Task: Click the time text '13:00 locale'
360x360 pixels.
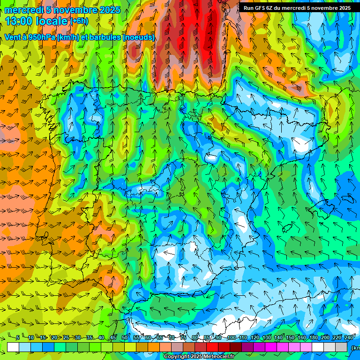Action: click(37, 21)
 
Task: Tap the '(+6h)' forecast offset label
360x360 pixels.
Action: click(79, 21)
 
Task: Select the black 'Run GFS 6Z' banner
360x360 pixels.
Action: click(297, 7)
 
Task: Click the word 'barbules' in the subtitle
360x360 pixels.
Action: click(103, 37)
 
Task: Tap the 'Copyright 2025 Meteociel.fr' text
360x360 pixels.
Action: click(199, 356)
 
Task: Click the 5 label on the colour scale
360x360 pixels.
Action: click(17, 338)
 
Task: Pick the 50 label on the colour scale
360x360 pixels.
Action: click(124, 338)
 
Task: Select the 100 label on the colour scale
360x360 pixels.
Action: click(231, 338)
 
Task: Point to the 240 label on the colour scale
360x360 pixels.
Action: click(349, 338)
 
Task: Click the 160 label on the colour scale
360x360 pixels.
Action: click(302, 338)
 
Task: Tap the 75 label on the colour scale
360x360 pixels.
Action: click(183, 338)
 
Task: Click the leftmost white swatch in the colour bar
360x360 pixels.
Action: click(13, 347)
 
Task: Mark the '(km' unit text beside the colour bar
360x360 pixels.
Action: click(355, 347)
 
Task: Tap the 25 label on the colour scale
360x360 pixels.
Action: click(66, 338)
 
